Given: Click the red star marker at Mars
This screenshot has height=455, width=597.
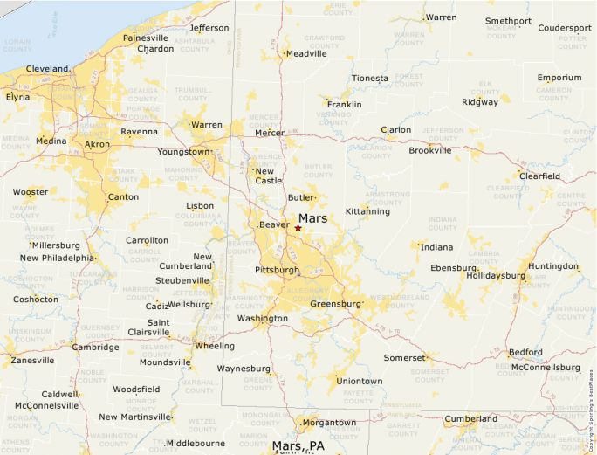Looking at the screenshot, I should (x=298, y=228).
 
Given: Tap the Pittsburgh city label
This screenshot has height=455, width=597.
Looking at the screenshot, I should (x=277, y=270).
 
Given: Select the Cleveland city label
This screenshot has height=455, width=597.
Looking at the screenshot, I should (x=47, y=68).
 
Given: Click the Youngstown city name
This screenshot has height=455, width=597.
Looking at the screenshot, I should (x=183, y=151).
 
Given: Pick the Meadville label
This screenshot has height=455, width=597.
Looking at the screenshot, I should (x=306, y=53).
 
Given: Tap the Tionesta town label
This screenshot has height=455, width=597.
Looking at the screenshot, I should (x=370, y=79).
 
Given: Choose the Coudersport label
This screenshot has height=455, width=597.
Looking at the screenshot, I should (x=564, y=28).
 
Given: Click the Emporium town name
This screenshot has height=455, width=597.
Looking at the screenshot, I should (x=559, y=78).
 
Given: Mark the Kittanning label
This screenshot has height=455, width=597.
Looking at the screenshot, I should (x=367, y=211).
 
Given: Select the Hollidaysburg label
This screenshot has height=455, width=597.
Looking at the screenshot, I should (x=496, y=275).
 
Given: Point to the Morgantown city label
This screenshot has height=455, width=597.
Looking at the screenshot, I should (x=329, y=423).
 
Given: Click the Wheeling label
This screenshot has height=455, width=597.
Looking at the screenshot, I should (x=215, y=346).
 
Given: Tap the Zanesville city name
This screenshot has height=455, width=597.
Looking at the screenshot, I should (x=32, y=360).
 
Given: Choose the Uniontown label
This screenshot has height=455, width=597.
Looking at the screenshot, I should (x=360, y=381).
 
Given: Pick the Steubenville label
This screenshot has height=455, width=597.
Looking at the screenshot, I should (x=182, y=280).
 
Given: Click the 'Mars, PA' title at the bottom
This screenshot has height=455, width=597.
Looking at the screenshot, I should (x=298, y=446).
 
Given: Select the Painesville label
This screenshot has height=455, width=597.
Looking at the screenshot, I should (x=146, y=38).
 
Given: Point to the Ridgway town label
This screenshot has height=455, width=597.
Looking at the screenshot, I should (x=480, y=102).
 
